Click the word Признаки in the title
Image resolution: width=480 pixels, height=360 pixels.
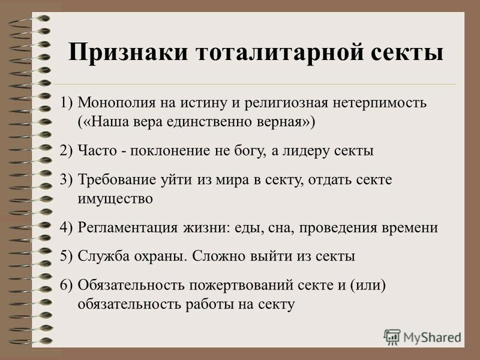coord(128,53)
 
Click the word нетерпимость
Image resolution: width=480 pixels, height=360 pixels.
coord(380,103)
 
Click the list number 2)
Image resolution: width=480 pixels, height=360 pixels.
coord(67,151)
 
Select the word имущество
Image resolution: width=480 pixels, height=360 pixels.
coord(115,199)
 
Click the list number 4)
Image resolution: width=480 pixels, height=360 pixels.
coord(67,228)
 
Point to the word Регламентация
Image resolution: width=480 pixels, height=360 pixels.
coord(127,228)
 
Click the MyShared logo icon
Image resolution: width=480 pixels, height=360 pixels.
coord(392,337)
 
